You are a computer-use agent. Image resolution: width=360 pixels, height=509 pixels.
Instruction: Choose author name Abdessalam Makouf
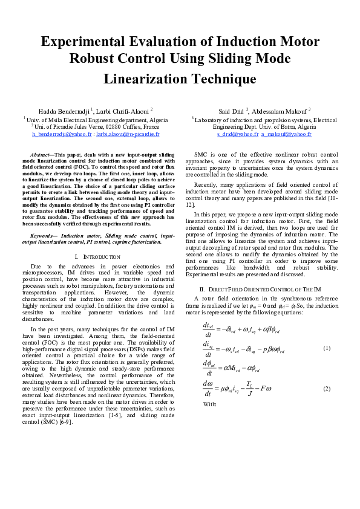click(x=281, y=112)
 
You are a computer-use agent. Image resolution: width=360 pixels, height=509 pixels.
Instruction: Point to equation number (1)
click(x=327, y=349)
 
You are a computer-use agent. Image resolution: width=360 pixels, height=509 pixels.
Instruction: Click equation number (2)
click(x=327, y=387)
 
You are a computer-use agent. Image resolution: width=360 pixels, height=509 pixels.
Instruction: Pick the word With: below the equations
click(x=210, y=404)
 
